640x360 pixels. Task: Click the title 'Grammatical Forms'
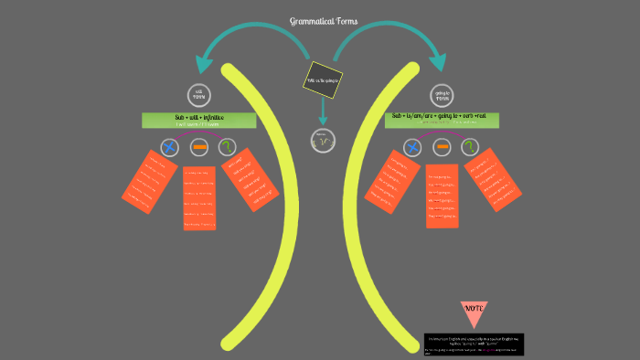[x=324, y=21]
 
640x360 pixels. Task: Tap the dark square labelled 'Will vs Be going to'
[x=322, y=79]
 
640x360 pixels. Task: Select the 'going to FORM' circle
[x=442, y=94]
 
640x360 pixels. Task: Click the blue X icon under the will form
[x=169, y=146]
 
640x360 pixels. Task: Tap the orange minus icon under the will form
[x=199, y=146]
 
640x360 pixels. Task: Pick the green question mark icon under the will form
[x=229, y=146]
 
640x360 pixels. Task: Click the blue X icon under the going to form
[x=412, y=147]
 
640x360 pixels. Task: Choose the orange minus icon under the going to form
[x=443, y=147]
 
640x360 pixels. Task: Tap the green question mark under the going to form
[x=472, y=147]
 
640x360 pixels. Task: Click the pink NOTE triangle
[x=474, y=312]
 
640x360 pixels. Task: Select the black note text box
[x=474, y=344]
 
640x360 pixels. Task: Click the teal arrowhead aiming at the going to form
[x=440, y=63]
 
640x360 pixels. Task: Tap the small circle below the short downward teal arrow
[x=322, y=141]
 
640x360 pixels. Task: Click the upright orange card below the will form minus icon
[x=199, y=197]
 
